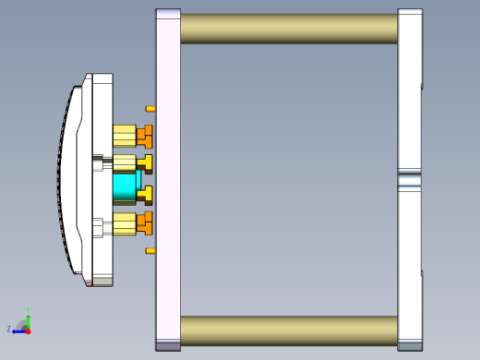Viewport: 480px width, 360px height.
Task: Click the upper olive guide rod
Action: [288, 29]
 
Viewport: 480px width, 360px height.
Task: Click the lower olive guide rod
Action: [288, 330]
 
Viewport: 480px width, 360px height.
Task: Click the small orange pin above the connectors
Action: [150, 109]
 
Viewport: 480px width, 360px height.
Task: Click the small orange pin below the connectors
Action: [150, 251]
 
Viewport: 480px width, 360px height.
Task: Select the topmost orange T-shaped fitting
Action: [145, 138]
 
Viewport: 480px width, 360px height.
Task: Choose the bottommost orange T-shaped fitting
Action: [145, 222]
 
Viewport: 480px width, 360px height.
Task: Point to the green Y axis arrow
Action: [28, 319]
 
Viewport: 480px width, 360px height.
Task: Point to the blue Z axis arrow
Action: [18, 330]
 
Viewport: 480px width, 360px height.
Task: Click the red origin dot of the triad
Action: [28, 330]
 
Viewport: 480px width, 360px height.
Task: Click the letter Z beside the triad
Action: [9, 330]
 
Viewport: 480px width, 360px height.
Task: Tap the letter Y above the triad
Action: [29, 311]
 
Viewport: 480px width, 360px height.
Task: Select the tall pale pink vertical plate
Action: [168, 180]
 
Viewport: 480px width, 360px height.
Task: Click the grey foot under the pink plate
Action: [168, 346]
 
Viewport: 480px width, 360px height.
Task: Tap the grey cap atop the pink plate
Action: [168, 14]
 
